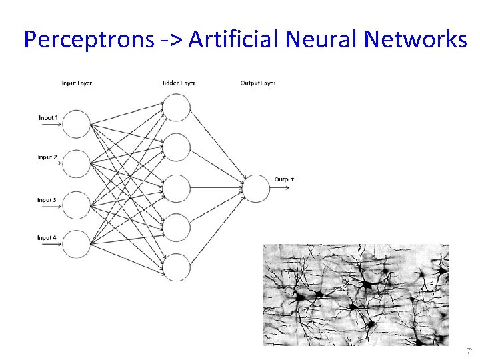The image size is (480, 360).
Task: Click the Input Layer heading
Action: point(77,83)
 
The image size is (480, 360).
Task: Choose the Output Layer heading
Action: point(257,83)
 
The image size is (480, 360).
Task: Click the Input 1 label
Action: point(48,118)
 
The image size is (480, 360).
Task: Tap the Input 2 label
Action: point(47,157)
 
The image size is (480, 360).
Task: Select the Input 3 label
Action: point(47,200)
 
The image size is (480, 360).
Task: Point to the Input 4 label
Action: point(47,238)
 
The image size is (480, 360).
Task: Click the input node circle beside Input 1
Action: point(77,124)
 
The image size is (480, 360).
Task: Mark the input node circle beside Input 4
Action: point(77,244)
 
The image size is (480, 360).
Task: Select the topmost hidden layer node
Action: point(177,108)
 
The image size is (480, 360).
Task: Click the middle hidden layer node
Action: point(177,188)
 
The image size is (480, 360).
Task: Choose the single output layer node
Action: point(256,188)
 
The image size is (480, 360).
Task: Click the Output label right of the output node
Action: point(284,179)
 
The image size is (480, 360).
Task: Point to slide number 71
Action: point(470,351)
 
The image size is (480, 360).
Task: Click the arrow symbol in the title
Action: point(167,41)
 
